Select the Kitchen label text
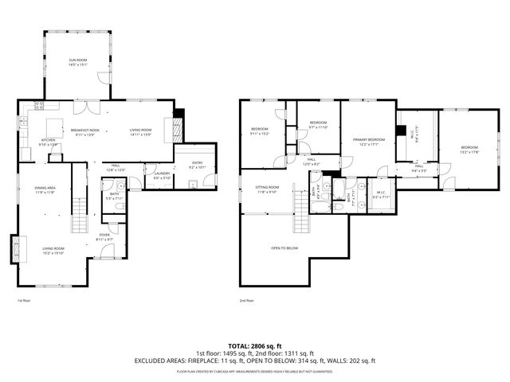(x=49, y=142)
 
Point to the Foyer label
(x=104, y=236)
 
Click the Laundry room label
(x=162, y=175)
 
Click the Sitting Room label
(x=267, y=189)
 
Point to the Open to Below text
(x=284, y=248)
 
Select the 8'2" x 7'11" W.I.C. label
(x=381, y=195)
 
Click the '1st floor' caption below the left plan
(x=24, y=301)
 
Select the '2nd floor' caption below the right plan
(x=246, y=301)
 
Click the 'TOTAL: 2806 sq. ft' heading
(x=254, y=346)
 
